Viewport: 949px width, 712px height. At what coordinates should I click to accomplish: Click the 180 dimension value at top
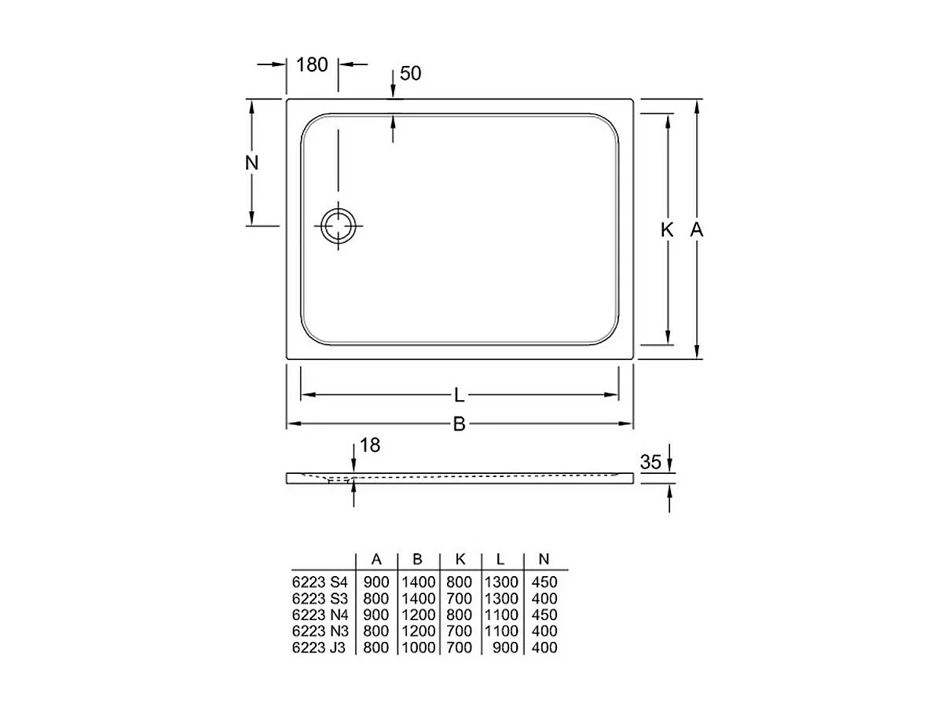(x=312, y=65)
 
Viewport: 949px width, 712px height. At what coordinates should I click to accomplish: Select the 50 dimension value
(x=411, y=74)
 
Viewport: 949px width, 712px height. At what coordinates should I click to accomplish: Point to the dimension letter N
(x=251, y=163)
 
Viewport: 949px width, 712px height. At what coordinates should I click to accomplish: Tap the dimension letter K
(x=667, y=230)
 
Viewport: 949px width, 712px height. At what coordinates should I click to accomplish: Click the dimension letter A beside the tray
(x=696, y=230)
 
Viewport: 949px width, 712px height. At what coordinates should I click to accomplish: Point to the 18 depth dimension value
(x=369, y=446)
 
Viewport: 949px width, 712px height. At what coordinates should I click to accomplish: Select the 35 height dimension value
(x=650, y=463)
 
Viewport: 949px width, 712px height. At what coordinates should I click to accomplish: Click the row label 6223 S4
(x=319, y=583)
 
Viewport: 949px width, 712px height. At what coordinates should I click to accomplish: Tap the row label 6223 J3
(x=319, y=648)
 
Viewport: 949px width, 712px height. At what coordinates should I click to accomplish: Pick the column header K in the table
(x=460, y=560)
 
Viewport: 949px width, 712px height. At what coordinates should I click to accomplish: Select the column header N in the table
(x=543, y=560)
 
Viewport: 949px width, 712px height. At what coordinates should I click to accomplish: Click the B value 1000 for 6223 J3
(x=418, y=648)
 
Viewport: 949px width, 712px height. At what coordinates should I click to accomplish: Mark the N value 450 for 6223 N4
(x=544, y=615)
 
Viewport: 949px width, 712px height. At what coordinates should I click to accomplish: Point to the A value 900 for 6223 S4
(x=376, y=583)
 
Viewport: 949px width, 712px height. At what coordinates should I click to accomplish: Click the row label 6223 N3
(x=319, y=632)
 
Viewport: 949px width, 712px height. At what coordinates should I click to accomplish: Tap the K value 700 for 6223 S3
(x=460, y=599)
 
